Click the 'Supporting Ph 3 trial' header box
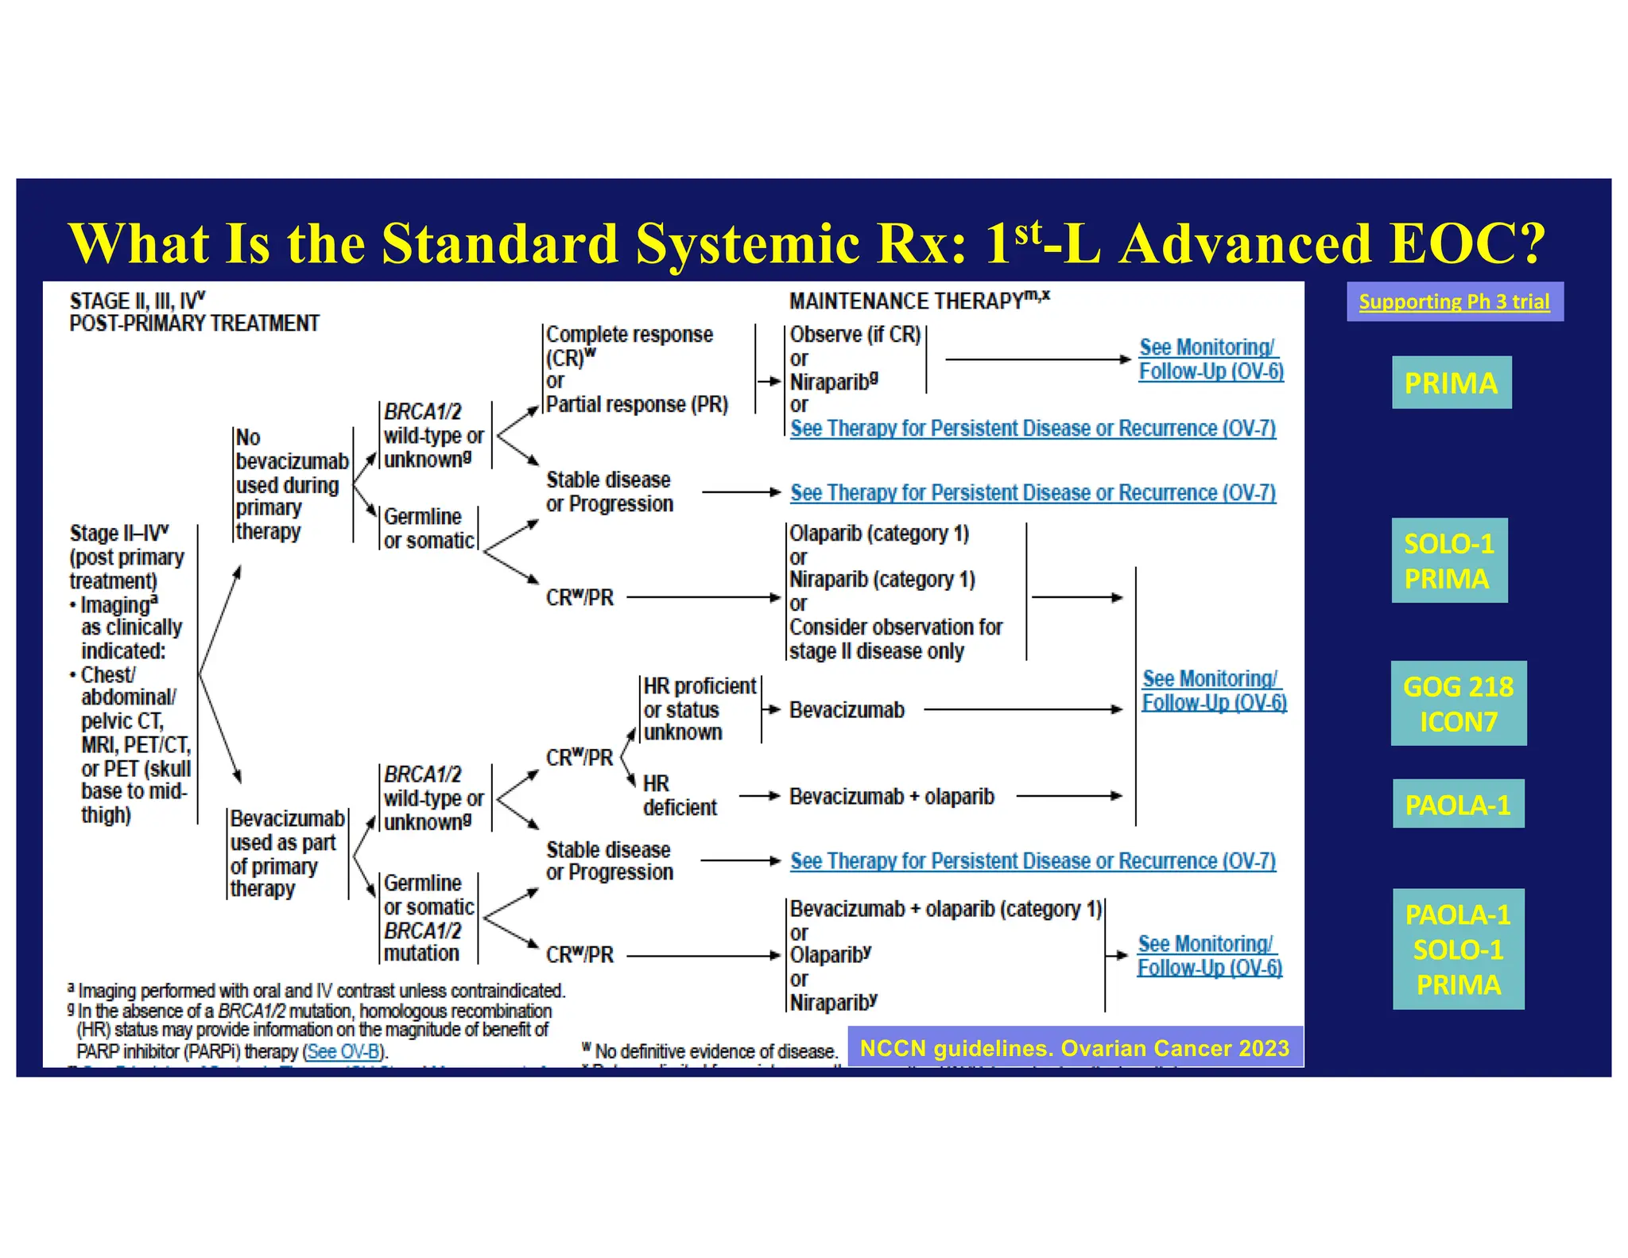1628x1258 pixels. click(1454, 301)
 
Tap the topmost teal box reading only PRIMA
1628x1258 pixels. click(1451, 382)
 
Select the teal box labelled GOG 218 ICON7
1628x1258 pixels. click(1458, 704)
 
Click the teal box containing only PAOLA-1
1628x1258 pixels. click(1458, 804)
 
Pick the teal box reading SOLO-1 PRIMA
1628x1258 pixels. click(1448, 561)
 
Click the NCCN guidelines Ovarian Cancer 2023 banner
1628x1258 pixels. click(1075, 1048)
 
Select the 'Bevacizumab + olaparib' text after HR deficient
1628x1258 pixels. click(891, 796)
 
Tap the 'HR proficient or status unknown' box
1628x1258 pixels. click(700, 709)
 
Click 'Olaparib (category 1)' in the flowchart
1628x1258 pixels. click(879, 534)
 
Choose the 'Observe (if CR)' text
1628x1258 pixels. click(855, 335)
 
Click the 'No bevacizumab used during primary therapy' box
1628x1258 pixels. click(291, 484)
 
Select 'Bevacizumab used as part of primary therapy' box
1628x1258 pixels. click(286, 853)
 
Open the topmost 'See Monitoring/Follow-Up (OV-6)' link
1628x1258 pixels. click(1210, 359)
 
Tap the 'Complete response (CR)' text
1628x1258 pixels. click(629, 345)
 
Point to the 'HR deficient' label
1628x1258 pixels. click(679, 795)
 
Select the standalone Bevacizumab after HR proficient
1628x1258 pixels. click(847, 709)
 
